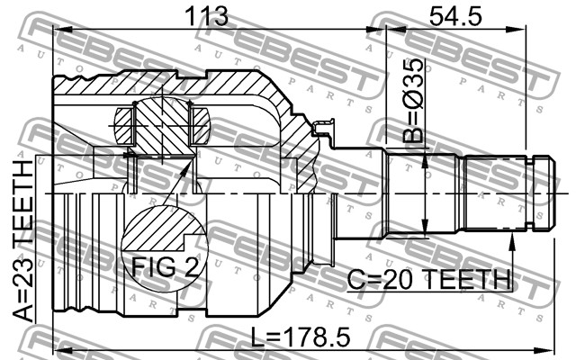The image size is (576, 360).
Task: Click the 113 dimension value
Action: pos(206,16)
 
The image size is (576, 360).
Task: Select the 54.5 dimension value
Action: pos(455,16)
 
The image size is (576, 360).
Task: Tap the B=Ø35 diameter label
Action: pos(412,100)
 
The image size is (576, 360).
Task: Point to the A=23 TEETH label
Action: pos(24,241)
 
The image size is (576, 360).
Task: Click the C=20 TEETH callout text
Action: pos(428,280)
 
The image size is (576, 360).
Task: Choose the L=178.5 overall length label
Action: pos(301,338)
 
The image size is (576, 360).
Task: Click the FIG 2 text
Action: pos(165,267)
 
